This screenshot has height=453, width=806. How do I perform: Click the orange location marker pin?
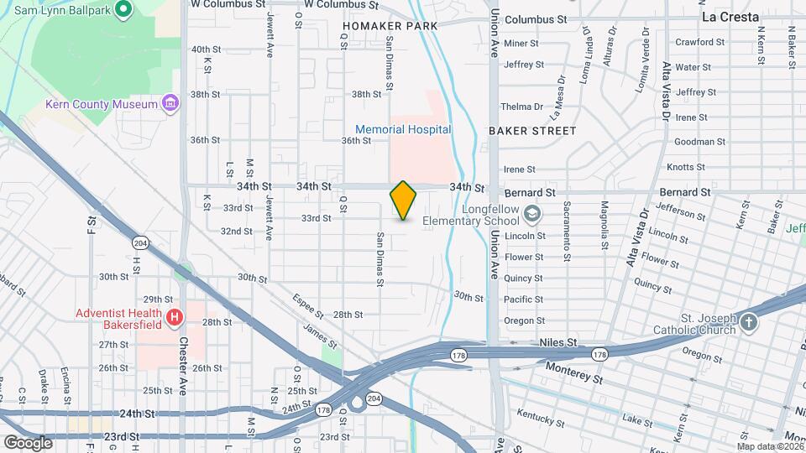[404, 200]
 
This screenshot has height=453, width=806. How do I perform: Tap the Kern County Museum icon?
[170, 104]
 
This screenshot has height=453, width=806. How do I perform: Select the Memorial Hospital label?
[403, 129]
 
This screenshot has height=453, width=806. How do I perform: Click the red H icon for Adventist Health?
[175, 317]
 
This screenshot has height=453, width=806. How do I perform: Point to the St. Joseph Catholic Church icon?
[749, 321]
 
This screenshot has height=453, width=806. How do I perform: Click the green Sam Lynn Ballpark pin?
[123, 10]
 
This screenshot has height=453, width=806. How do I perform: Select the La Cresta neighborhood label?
[730, 17]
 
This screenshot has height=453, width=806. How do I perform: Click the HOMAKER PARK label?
[390, 26]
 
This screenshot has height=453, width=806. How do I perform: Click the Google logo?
[28, 442]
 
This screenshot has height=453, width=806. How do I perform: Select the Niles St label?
[557, 343]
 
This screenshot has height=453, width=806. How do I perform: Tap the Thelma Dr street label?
[521, 107]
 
